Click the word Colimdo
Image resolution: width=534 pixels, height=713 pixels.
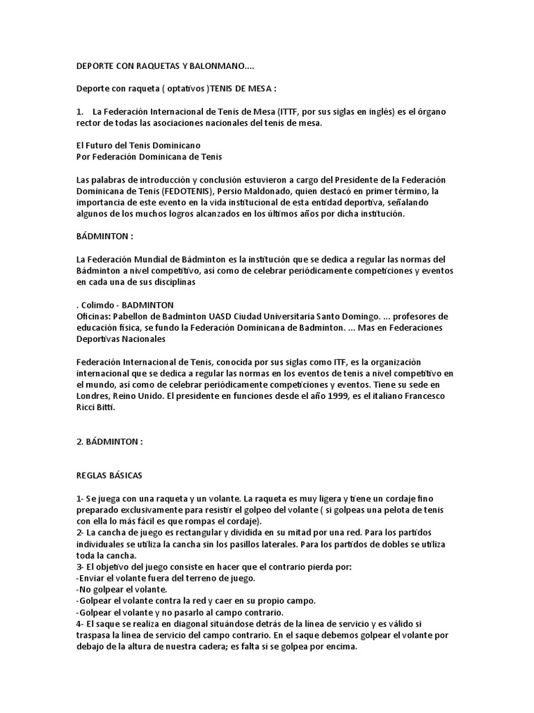[x=99, y=305]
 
